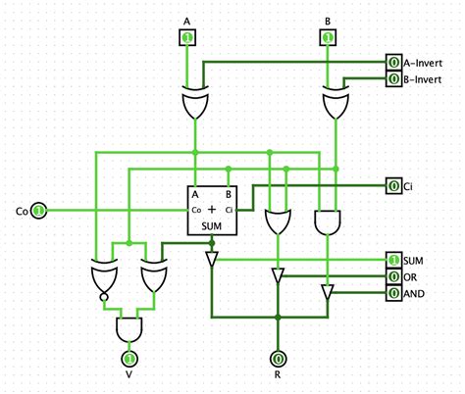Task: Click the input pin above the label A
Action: click(x=186, y=38)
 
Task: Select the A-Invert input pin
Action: click(x=393, y=63)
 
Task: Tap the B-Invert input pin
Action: click(x=393, y=78)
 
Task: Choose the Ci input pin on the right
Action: click(x=393, y=185)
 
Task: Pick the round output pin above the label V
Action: click(x=127, y=360)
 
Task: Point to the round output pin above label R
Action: click(x=279, y=360)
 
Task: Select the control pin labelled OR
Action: click(x=393, y=276)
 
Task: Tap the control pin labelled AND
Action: click(x=393, y=292)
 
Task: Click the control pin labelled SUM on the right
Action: click(x=393, y=260)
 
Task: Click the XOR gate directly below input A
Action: click(x=196, y=105)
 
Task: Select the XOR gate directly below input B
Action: click(x=336, y=105)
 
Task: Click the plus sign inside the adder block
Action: click(x=212, y=209)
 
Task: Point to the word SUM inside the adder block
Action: click(x=212, y=226)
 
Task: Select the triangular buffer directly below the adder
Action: click(x=212, y=260)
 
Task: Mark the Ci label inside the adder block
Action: click(x=229, y=210)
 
